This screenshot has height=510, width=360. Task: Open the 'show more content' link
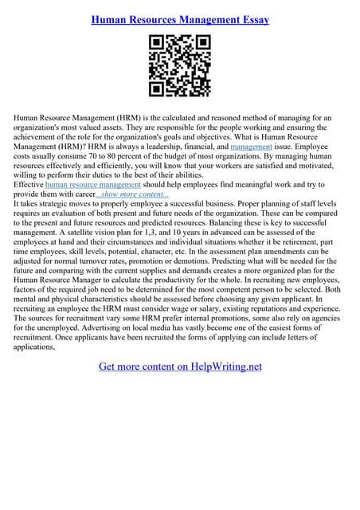pyautogui.click(x=132, y=194)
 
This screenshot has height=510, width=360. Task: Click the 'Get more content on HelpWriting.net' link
pyautogui.click(x=180, y=367)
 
